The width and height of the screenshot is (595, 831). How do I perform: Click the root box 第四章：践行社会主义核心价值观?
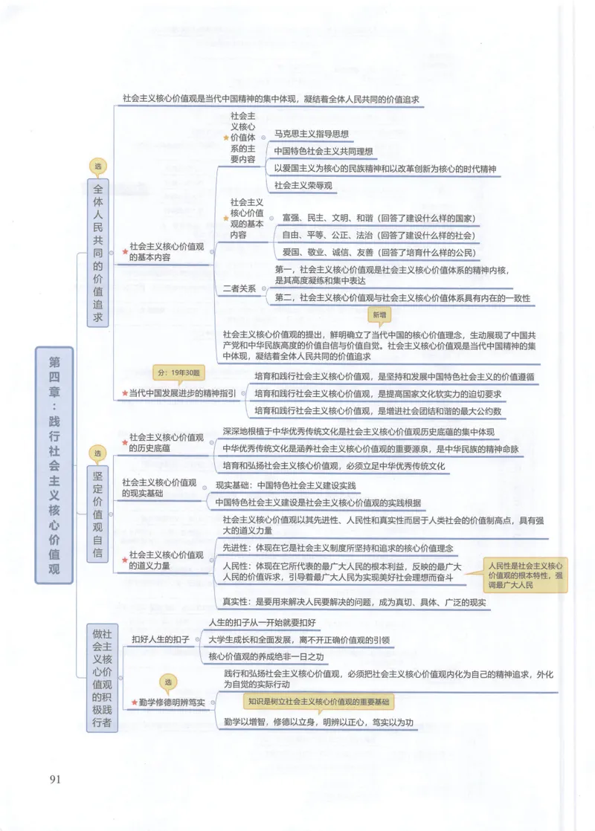coord(54,465)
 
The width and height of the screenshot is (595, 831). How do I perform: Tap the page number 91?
coord(55,780)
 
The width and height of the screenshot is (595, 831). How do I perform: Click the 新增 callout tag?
coord(380,316)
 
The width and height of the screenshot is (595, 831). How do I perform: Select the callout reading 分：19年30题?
coord(176,372)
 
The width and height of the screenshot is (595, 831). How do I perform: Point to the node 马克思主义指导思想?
coord(312,135)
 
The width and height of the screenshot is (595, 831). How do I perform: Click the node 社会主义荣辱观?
coord(303,185)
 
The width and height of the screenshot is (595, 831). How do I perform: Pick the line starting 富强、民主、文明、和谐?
coord(379,219)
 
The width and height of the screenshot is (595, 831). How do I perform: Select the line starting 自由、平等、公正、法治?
coord(379,235)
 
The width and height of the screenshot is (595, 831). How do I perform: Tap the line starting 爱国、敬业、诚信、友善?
coord(379,251)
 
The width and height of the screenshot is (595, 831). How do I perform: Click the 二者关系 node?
coord(239,288)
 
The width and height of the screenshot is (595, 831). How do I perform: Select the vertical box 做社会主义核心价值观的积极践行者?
coord(102,677)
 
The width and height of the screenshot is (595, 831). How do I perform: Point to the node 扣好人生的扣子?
coord(161,639)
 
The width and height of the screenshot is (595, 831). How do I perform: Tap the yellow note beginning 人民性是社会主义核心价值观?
coord(524,575)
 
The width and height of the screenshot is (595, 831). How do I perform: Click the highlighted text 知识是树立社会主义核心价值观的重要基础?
coord(318,701)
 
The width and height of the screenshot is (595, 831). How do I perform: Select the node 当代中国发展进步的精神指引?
coord(182,392)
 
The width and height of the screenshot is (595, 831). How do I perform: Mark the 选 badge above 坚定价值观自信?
coord(97,453)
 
